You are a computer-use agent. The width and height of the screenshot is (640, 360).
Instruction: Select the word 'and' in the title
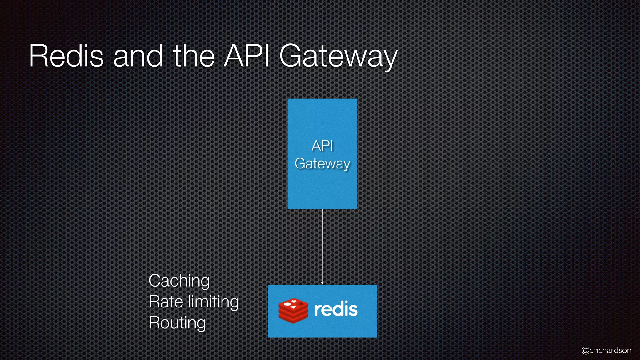(x=138, y=56)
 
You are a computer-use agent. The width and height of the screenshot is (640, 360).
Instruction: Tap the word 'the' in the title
(x=194, y=56)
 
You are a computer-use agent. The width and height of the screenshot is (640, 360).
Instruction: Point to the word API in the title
(x=247, y=56)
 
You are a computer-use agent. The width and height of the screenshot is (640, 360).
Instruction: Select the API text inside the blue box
(x=322, y=146)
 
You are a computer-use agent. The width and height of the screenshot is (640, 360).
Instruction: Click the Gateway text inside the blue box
(x=322, y=164)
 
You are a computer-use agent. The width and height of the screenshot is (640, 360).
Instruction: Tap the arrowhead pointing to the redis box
(x=322, y=283)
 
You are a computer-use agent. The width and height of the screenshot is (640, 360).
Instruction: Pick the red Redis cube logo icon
(x=293, y=311)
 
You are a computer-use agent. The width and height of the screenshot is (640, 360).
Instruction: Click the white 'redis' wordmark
(x=336, y=309)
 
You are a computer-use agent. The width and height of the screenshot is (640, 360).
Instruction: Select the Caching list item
(x=179, y=281)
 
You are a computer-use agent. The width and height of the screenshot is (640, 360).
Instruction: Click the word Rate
(x=166, y=302)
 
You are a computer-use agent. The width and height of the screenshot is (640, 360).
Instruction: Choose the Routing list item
(x=177, y=323)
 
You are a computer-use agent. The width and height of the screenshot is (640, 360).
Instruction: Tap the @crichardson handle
(x=606, y=350)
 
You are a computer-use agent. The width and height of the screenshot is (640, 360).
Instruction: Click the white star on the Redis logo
(x=294, y=301)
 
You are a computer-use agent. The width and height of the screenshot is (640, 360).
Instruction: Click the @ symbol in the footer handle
(x=585, y=350)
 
